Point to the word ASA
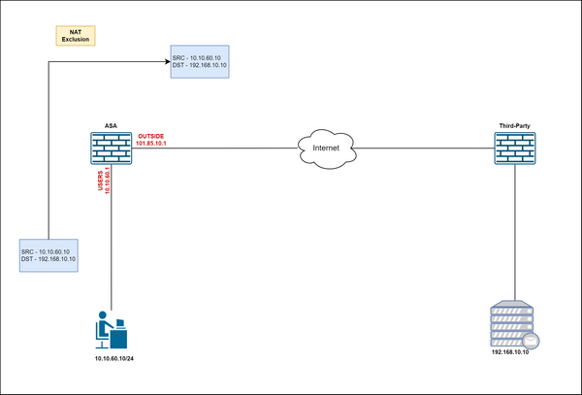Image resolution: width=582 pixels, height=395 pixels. [111, 125]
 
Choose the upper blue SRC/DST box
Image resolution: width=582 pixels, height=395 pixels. [199, 61]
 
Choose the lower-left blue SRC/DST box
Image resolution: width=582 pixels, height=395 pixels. [49, 255]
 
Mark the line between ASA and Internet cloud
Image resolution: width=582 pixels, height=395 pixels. [223, 148]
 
